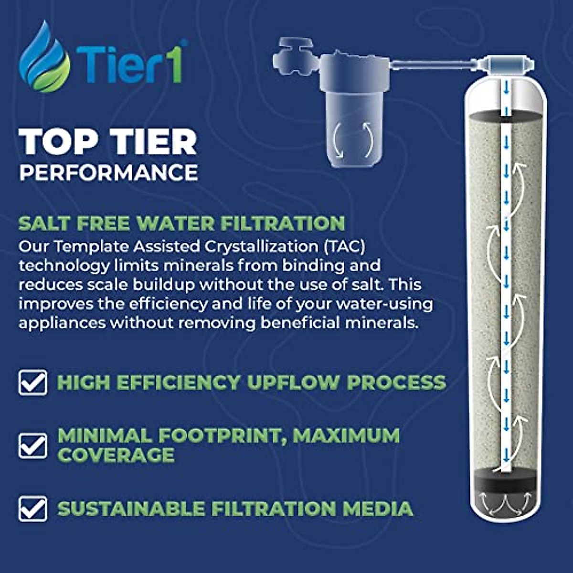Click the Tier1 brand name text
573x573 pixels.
click(129, 64)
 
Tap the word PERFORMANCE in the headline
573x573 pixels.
click(108, 172)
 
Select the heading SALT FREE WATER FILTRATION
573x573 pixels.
click(181, 223)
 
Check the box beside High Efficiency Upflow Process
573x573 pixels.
click(33, 382)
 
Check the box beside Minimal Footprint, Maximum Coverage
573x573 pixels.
click(33, 445)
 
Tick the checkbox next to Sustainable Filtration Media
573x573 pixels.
click(33, 509)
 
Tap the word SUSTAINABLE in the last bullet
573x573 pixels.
click(131, 509)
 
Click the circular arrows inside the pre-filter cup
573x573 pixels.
click(353, 139)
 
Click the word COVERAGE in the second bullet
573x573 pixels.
click(116, 455)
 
